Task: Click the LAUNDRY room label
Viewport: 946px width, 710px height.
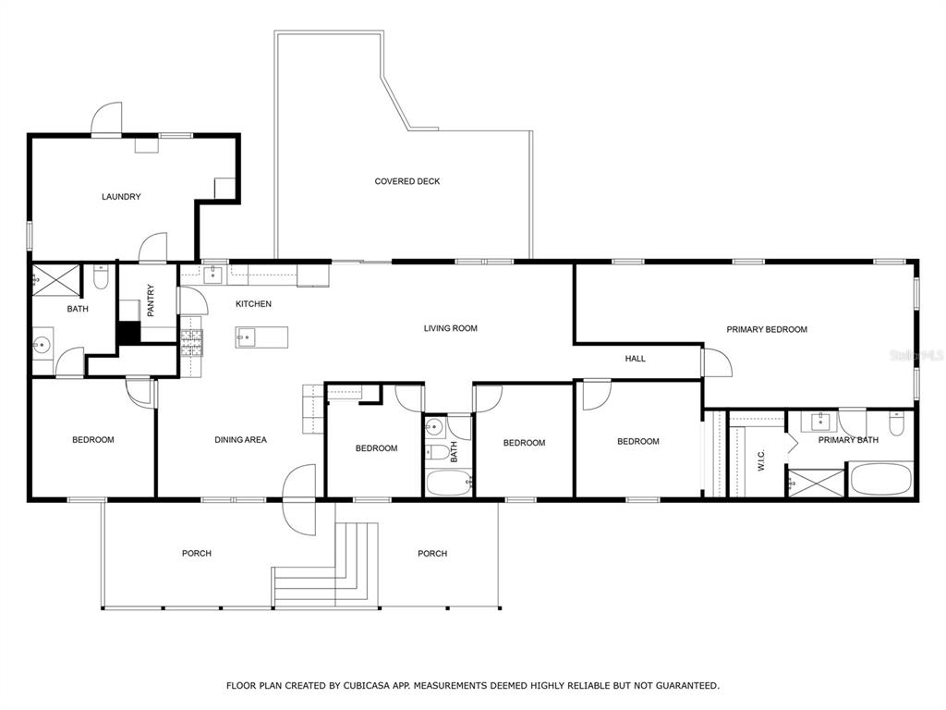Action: click(x=121, y=197)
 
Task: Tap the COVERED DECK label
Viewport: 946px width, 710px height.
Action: click(x=407, y=181)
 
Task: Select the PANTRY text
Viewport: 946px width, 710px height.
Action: click(x=151, y=300)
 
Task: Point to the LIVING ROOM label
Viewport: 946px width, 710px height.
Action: click(x=451, y=328)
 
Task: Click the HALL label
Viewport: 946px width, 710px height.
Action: click(x=636, y=359)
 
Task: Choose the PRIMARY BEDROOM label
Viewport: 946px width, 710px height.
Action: click(x=767, y=330)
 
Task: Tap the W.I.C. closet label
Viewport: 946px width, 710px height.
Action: click(x=761, y=460)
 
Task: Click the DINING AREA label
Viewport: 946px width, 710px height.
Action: click(x=241, y=439)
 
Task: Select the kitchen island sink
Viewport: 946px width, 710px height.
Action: click(x=246, y=337)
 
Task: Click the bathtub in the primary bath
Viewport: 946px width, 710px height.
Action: click(x=880, y=480)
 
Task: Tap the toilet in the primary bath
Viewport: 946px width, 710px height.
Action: click(x=897, y=422)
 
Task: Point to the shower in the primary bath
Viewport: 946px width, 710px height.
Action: click(x=817, y=484)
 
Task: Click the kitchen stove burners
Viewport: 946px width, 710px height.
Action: click(x=192, y=343)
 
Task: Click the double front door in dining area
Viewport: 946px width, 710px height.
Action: click(x=299, y=499)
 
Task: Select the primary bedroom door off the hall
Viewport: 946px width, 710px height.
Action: click(x=717, y=362)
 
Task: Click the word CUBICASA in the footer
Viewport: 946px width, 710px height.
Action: click(x=366, y=685)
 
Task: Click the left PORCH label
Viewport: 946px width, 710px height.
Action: click(x=197, y=553)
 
